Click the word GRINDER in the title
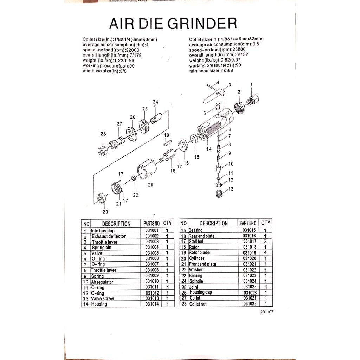click(x=202, y=24)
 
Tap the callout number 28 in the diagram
click(x=103, y=134)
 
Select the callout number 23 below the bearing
click(x=105, y=212)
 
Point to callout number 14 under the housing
click(x=209, y=149)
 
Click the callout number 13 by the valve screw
click(x=231, y=189)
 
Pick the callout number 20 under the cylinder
click(x=150, y=185)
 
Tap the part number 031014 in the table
click(x=152, y=304)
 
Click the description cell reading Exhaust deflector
click(x=109, y=236)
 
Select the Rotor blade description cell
click(x=199, y=252)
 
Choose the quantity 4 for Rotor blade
click(x=265, y=252)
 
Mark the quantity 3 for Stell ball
click(x=265, y=242)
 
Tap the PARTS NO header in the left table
click(x=152, y=223)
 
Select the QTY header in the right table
click(x=266, y=223)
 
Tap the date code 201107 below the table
click(x=267, y=312)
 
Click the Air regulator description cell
click(x=102, y=282)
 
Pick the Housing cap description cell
click(x=201, y=292)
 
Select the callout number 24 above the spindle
click(x=155, y=102)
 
